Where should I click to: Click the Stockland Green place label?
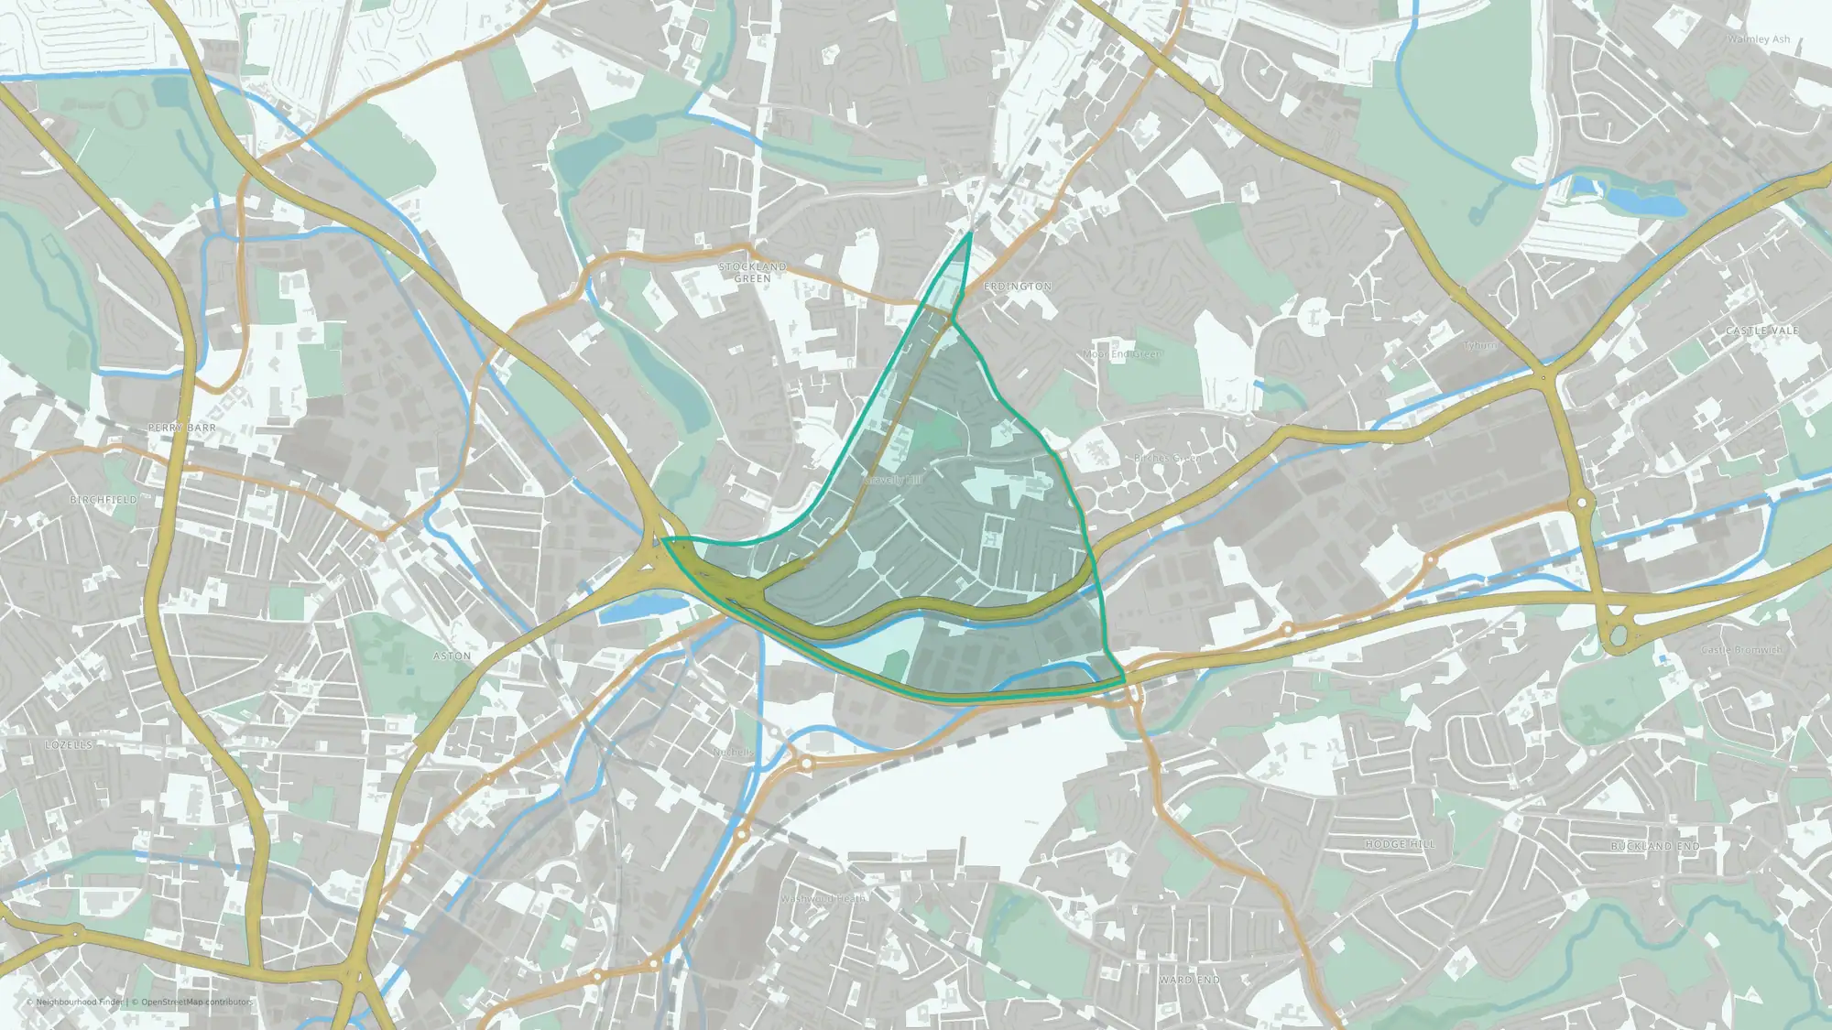752,272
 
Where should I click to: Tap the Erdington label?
1017,287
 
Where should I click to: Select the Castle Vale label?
1761,331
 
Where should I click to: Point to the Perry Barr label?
181,428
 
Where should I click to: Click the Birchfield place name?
104,500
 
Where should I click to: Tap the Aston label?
452,656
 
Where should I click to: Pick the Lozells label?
69,745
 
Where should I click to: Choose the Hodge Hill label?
1400,844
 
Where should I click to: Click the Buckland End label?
1654,847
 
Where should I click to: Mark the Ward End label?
1189,980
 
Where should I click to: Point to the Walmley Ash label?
1758,39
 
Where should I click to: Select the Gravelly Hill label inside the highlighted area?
892,480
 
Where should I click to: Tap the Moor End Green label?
1122,354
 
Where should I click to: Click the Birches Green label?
1166,458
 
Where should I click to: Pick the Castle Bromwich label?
1740,650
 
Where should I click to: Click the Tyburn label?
1478,345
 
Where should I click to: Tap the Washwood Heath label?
822,898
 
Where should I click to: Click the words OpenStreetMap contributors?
196,1002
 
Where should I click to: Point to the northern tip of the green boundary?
970,233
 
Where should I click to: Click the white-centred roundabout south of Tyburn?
1582,503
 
